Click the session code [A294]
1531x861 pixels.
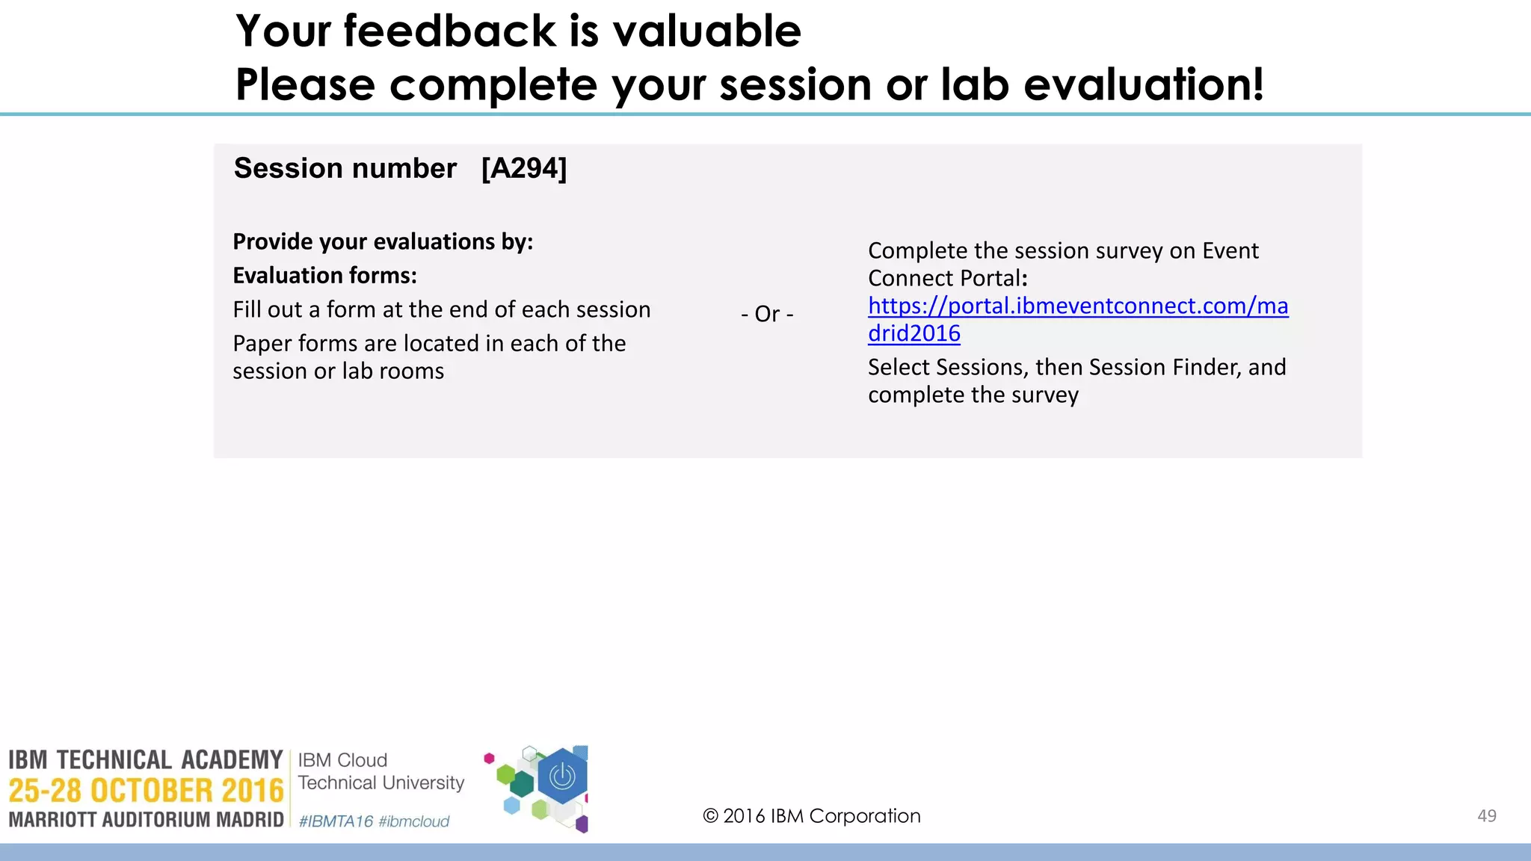[x=524, y=168]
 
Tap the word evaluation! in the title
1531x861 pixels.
[x=1143, y=84]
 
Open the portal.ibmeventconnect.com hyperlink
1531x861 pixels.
[x=1077, y=306]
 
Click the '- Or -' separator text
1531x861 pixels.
[x=767, y=314]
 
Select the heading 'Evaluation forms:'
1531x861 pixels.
[x=324, y=276]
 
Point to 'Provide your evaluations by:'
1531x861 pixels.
[x=383, y=241]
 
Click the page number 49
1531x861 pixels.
[x=1486, y=816]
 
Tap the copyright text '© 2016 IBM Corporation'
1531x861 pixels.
[x=811, y=816]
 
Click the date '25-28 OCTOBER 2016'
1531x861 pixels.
[x=146, y=791]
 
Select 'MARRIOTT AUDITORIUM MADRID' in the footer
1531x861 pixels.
[x=146, y=820]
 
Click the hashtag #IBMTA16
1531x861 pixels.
[x=336, y=821]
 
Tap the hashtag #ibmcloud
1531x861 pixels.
[x=414, y=821]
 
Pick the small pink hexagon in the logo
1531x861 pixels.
[x=489, y=759]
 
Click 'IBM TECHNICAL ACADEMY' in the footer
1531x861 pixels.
[x=146, y=760]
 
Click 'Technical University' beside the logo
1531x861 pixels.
[x=381, y=783]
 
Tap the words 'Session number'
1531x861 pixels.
[x=345, y=168]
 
